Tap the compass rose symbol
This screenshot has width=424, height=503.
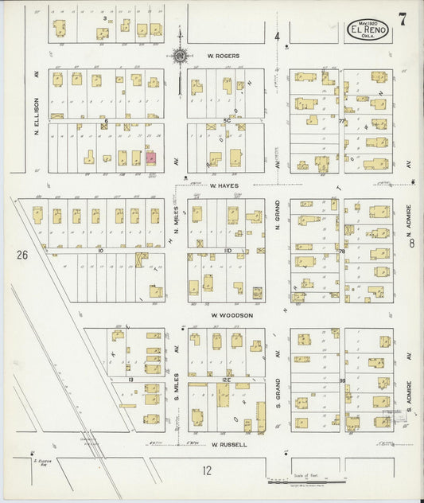(x=181, y=57)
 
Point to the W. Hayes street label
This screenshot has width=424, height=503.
(x=224, y=185)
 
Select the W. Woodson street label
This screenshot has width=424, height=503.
(x=231, y=315)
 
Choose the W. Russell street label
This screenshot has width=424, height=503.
(x=231, y=445)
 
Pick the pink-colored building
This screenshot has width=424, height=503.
(x=151, y=158)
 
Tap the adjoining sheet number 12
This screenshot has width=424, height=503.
(x=207, y=470)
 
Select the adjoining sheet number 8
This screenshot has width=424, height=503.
(x=412, y=245)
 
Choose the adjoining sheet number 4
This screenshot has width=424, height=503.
(x=278, y=37)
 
